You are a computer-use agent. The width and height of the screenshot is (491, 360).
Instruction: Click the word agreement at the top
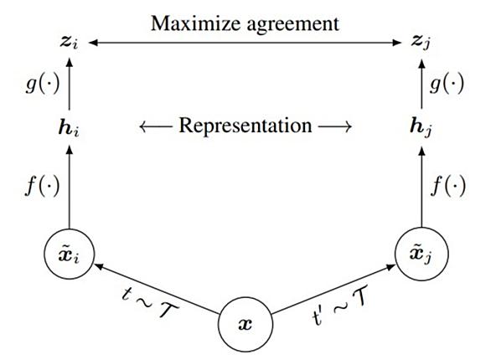point(292,25)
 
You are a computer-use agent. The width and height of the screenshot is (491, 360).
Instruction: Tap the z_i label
point(69,43)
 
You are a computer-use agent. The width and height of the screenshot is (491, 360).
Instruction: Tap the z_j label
point(421,43)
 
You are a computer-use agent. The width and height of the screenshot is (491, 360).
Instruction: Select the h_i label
point(69,127)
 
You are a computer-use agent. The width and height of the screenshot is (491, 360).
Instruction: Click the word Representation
point(245,126)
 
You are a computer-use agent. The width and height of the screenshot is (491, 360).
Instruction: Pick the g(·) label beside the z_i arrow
point(43,85)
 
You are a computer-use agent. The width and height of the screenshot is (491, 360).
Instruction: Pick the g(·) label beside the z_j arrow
point(447,85)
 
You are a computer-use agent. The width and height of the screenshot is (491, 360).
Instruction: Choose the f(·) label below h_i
point(43,186)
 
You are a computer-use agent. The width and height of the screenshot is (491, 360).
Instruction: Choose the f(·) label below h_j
point(447,186)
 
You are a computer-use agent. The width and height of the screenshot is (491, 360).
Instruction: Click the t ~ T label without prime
point(150,302)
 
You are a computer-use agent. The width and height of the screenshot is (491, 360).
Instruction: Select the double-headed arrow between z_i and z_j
point(245,43)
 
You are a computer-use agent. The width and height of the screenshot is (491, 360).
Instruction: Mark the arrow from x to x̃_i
point(157,289)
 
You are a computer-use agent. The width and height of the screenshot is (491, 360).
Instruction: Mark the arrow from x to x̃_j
point(333,290)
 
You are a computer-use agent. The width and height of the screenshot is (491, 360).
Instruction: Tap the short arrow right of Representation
point(334,127)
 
